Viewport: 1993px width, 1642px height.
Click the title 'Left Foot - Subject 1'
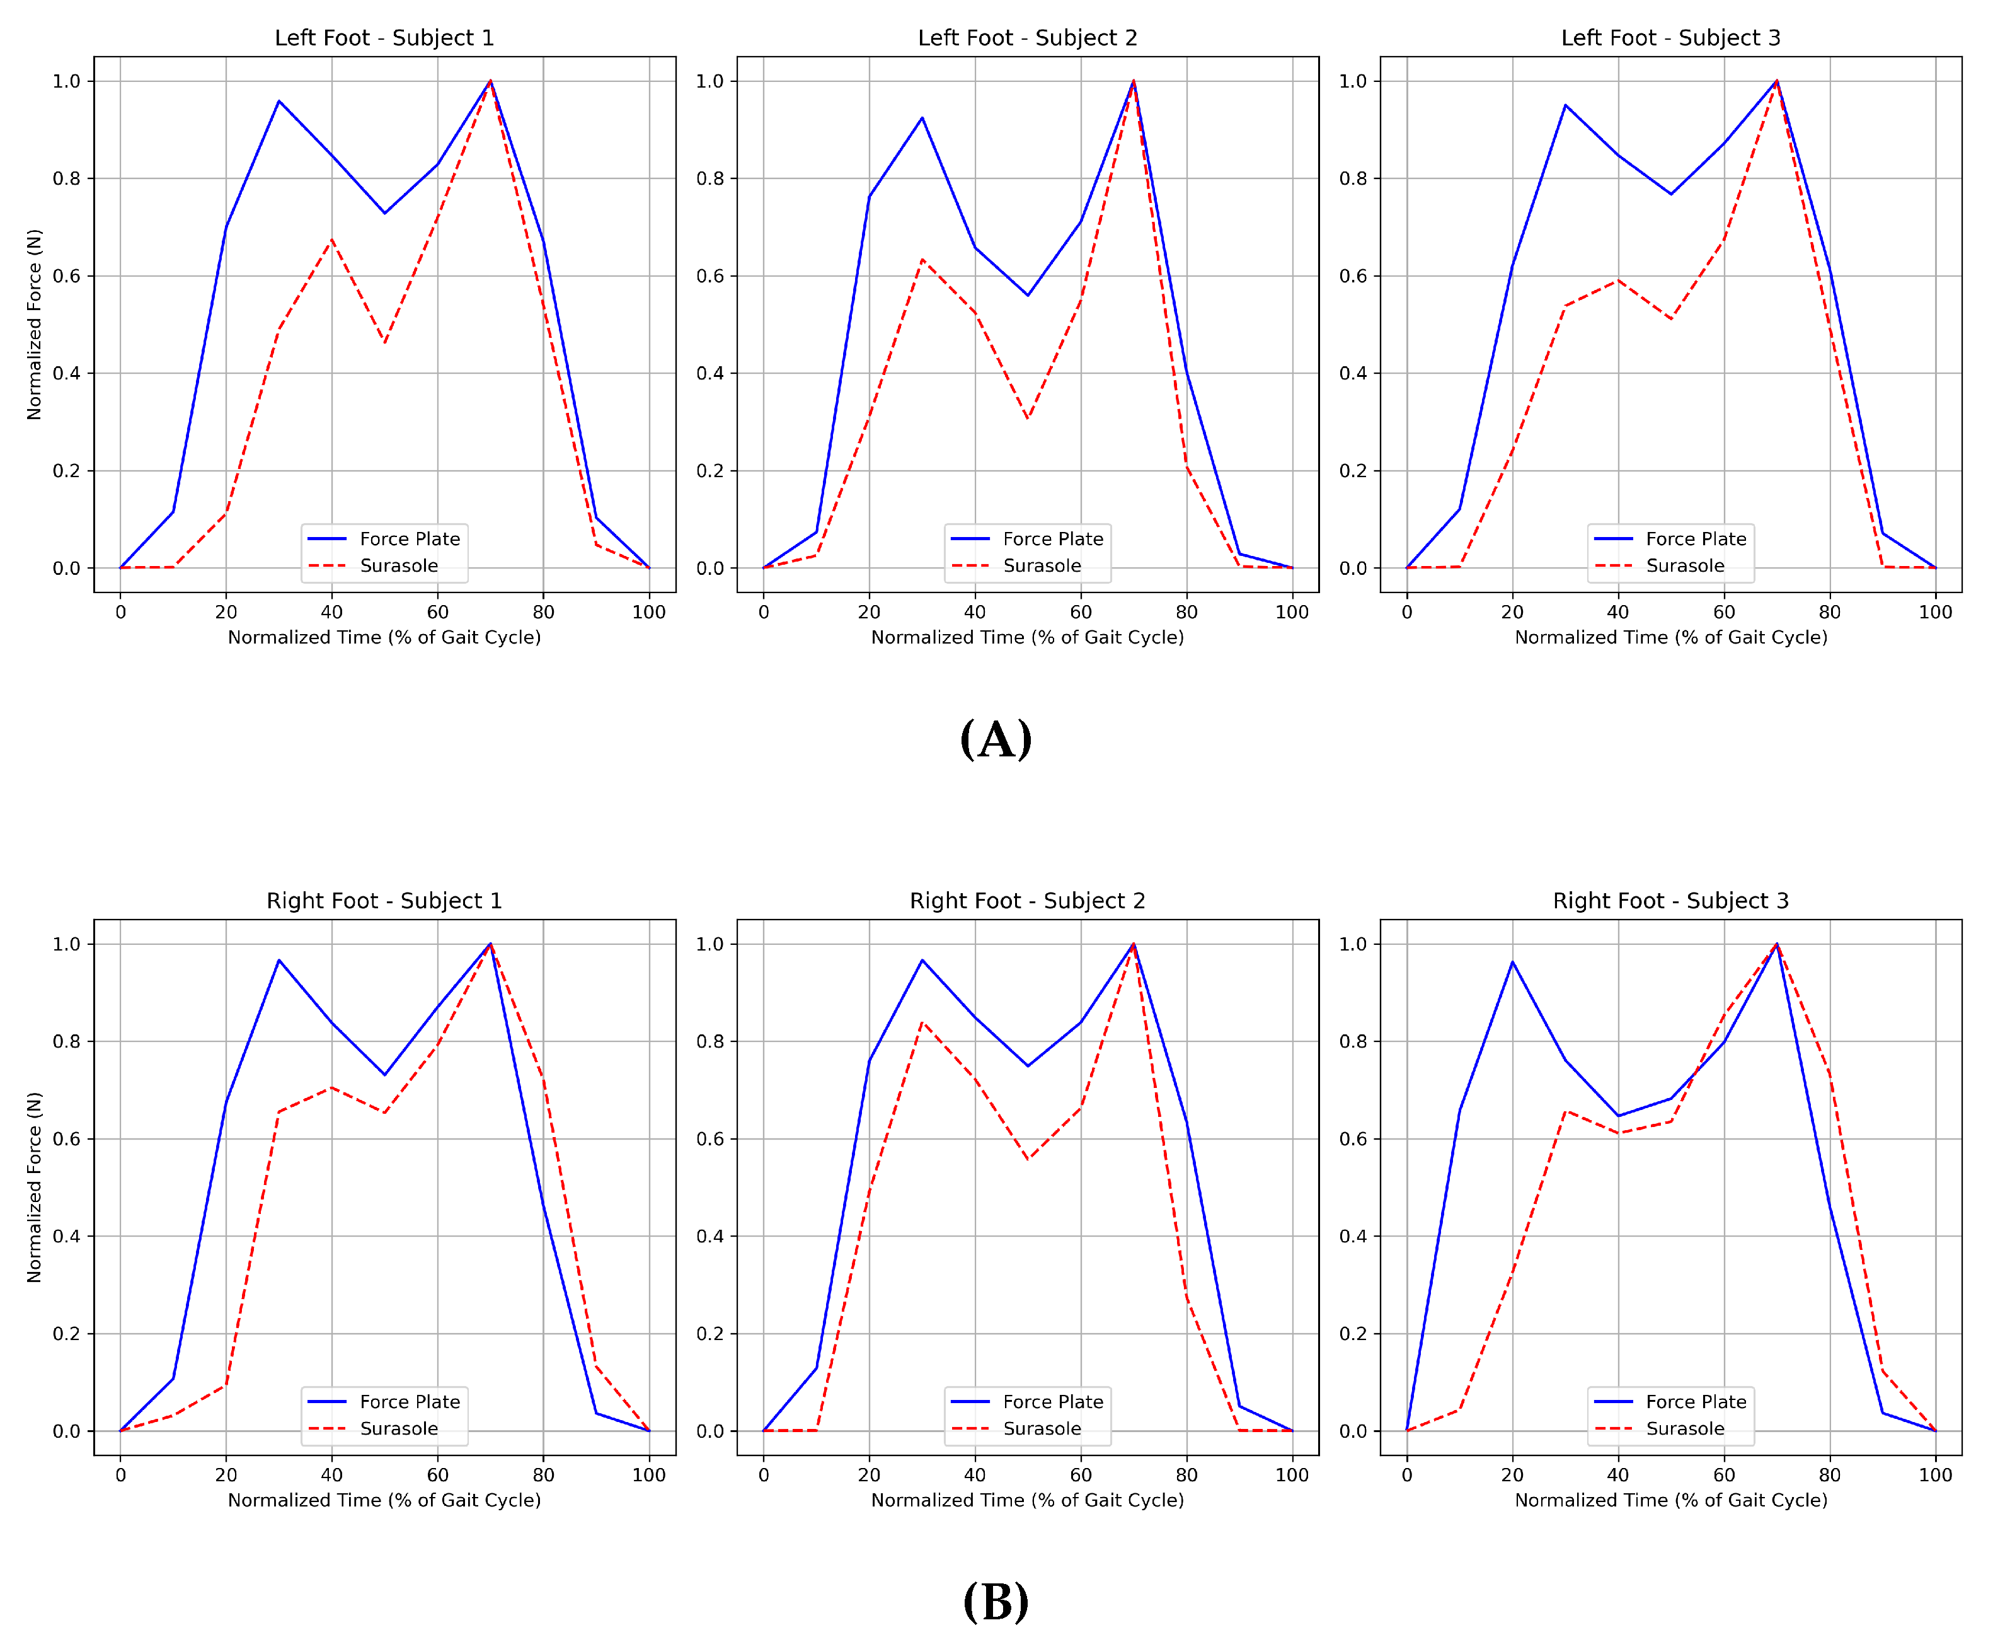(x=384, y=38)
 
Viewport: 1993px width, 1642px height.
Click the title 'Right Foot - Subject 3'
(x=1670, y=901)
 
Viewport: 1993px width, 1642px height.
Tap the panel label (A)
(x=996, y=739)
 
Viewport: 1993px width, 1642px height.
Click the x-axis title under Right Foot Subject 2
(x=1027, y=1500)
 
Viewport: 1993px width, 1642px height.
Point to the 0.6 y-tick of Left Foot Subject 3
(x=1353, y=276)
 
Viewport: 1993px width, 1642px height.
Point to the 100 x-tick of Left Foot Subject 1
(x=648, y=612)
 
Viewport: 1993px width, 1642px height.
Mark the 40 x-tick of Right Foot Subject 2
(x=975, y=1474)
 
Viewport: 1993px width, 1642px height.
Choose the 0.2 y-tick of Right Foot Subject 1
(x=66, y=1334)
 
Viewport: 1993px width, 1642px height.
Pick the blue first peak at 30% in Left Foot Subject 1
(x=279, y=101)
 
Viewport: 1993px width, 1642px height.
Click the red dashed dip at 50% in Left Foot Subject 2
(x=1028, y=418)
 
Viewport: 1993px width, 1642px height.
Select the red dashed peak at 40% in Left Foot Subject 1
(x=332, y=240)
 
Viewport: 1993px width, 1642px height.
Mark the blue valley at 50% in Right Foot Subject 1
(x=385, y=1075)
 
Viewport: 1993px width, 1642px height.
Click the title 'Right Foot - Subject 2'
(x=1027, y=901)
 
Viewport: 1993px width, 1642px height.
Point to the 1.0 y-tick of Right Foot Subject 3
(x=1353, y=944)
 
